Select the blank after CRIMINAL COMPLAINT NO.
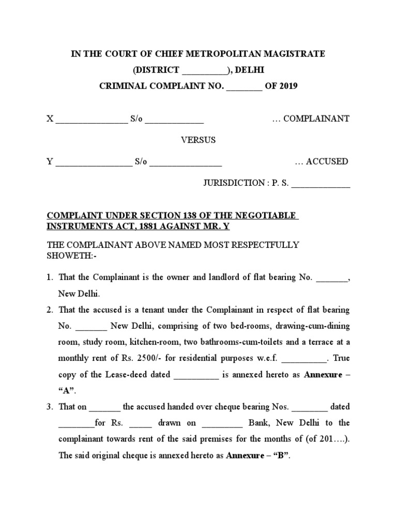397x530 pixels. point(245,87)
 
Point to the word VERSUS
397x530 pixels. point(198,140)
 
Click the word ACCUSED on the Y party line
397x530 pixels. point(327,161)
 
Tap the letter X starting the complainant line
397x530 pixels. point(50,119)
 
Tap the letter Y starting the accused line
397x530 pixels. point(50,161)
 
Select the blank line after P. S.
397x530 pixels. point(320,184)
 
